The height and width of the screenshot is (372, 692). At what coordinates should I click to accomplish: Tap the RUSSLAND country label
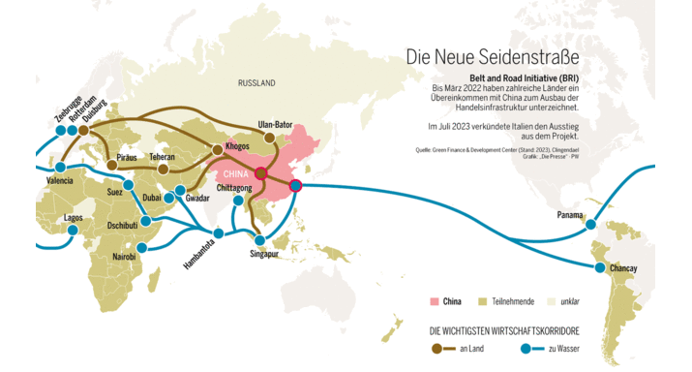click(257, 83)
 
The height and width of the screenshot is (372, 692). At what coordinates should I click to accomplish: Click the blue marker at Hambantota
click(218, 233)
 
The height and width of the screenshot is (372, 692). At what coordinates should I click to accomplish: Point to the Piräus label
click(126, 155)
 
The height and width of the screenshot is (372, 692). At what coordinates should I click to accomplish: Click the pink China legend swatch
click(434, 301)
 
